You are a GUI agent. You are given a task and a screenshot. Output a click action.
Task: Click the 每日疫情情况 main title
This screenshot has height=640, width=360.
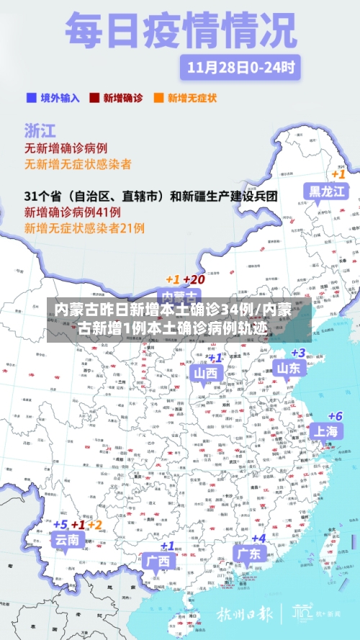181,31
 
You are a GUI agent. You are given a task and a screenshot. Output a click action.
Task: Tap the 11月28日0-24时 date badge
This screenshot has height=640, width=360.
240,68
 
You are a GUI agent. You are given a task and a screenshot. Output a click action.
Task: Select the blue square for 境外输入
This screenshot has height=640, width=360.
30,97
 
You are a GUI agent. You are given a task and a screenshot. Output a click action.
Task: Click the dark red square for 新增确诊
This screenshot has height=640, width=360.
94,97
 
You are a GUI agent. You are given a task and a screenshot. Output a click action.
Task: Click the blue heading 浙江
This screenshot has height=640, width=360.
40,130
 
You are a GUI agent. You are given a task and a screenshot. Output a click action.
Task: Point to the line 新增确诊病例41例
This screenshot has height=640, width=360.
73,212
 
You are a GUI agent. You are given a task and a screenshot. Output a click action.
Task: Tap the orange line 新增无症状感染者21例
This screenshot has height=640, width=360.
85,228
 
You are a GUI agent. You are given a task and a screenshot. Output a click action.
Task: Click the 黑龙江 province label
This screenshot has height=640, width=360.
328,191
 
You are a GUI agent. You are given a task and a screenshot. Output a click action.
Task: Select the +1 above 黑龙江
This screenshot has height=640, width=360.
338,174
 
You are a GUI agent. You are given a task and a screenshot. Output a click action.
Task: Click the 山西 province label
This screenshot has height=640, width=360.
205,373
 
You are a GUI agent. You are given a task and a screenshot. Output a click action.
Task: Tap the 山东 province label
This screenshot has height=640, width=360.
289,369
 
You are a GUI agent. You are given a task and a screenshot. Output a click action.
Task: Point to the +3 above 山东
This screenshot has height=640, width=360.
297,353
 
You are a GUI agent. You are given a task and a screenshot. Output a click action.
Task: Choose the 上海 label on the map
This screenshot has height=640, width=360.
325,431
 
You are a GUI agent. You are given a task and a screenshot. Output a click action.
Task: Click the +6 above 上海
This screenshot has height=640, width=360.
335,416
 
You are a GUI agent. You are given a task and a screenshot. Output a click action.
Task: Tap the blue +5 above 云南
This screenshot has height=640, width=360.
60,525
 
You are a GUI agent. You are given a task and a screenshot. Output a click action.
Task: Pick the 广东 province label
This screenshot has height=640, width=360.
249,553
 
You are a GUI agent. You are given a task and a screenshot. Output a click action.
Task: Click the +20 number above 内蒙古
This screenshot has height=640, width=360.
194,279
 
